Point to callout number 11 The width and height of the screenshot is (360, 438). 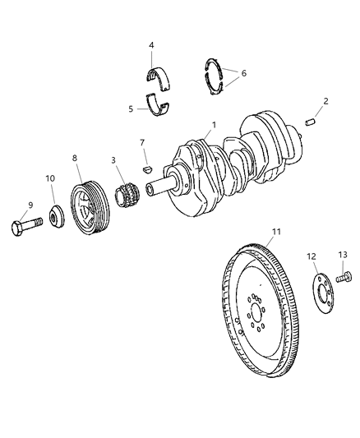(x=277, y=232)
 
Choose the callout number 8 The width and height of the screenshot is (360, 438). (x=75, y=157)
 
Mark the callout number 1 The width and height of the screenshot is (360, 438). (x=214, y=125)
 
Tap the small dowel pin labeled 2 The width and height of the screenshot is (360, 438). (x=312, y=122)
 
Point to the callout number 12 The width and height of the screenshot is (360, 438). (x=312, y=256)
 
